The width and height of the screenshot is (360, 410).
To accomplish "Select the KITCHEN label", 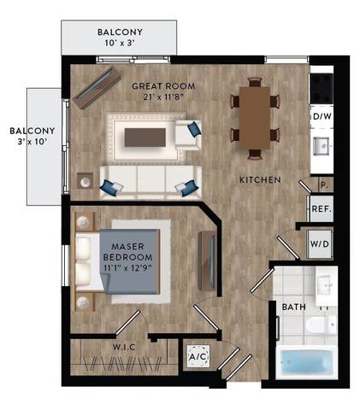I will point(256,179).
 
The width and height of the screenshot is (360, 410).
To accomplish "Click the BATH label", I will point(292,307).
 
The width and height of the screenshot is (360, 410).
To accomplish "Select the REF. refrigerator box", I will point(321,208).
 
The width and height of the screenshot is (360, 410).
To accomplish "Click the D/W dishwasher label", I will point(322,116).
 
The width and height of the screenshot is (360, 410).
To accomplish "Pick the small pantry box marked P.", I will point(324,184).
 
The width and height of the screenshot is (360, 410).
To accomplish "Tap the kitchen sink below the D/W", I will point(322,146).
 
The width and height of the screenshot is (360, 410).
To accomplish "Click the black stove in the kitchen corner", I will point(322,85).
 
